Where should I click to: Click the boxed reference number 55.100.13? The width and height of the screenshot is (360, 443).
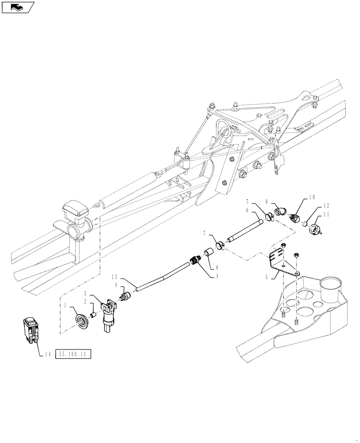(73, 354)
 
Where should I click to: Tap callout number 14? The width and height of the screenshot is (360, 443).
(47, 354)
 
